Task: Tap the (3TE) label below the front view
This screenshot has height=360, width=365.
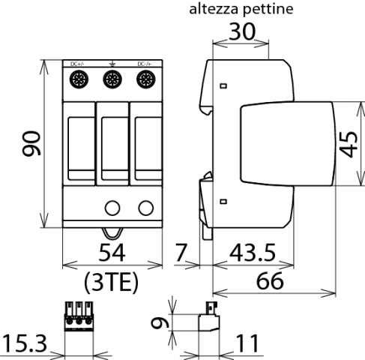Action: pyautogui.click(x=112, y=282)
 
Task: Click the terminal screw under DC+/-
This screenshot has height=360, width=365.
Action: pyautogui.click(x=79, y=79)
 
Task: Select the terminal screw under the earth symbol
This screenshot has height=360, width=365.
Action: pyautogui.click(x=112, y=79)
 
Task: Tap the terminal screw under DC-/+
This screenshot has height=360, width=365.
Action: pyautogui.click(x=145, y=79)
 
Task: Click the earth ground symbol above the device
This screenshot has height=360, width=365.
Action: pyautogui.click(x=112, y=64)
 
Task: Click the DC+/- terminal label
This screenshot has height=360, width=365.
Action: pyautogui.click(x=78, y=64)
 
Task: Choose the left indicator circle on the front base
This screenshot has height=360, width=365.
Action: pyautogui.click(x=113, y=208)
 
